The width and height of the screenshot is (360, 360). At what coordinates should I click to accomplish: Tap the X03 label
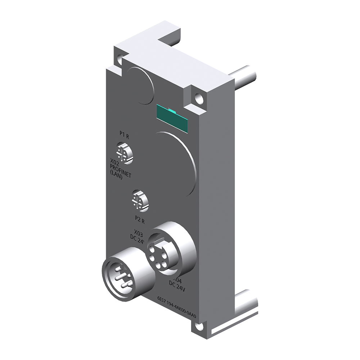pyautogui.click(x=139, y=232)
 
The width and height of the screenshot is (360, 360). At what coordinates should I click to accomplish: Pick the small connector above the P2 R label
pyautogui.click(x=139, y=199)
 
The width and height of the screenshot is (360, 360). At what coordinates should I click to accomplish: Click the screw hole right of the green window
pyautogui.click(x=197, y=97)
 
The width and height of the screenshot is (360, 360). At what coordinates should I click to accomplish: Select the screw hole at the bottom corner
pyautogui.click(x=196, y=327)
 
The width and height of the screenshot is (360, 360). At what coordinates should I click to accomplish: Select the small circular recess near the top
pyautogui.click(x=140, y=85)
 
